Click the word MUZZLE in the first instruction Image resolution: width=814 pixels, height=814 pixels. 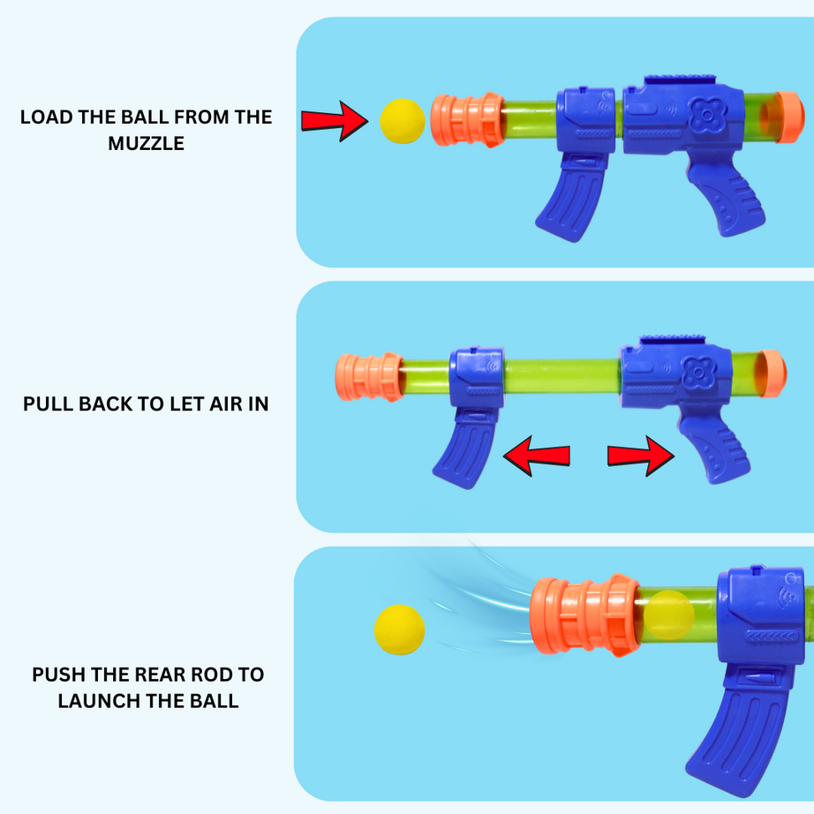pyautogui.click(x=147, y=143)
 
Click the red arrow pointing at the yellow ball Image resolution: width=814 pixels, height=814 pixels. pyautogui.click(x=334, y=121)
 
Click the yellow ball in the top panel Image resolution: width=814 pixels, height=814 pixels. pyautogui.click(x=403, y=120)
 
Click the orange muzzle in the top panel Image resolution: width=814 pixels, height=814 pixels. pyautogui.click(x=464, y=120)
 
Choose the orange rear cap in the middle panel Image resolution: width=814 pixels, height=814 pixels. pyautogui.click(x=772, y=373)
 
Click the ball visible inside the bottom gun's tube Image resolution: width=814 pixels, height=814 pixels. pyautogui.click(x=669, y=614)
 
